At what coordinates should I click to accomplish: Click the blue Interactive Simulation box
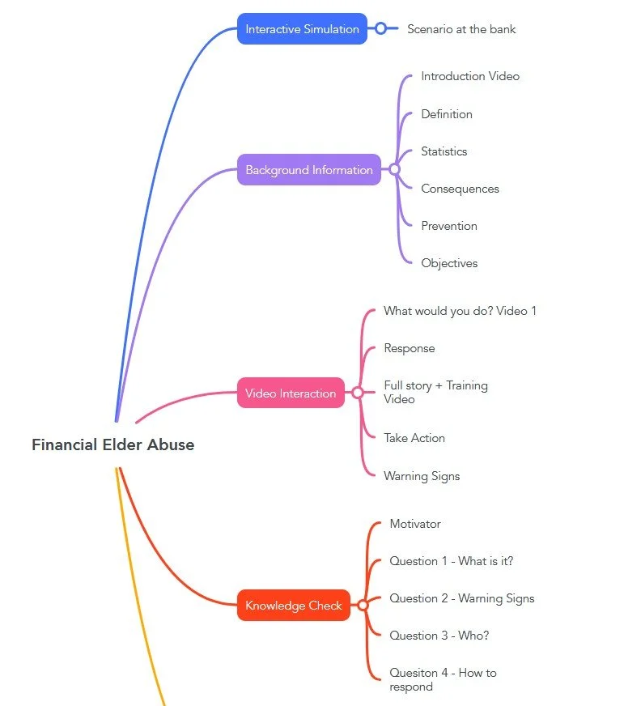(x=302, y=29)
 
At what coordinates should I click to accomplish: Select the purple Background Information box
(x=308, y=170)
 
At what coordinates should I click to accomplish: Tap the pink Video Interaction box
(x=290, y=393)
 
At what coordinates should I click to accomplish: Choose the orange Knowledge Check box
(x=293, y=606)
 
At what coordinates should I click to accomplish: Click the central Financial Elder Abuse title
(x=112, y=444)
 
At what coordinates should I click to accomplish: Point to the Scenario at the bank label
(x=461, y=29)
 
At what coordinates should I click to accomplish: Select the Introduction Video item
(x=470, y=76)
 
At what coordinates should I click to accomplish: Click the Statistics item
(x=444, y=151)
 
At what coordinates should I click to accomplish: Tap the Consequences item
(x=460, y=189)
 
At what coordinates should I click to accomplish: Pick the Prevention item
(x=448, y=226)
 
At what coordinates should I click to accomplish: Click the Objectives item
(x=449, y=263)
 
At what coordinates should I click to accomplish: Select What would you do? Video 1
(x=460, y=311)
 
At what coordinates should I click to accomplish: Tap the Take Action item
(x=414, y=438)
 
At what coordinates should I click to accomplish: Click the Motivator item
(x=415, y=524)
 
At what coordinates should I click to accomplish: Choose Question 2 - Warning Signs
(x=461, y=598)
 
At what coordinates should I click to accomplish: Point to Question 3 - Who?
(x=439, y=636)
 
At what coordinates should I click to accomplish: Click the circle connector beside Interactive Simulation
(x=380, y=29)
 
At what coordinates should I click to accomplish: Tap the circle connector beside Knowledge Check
(x=363, y=606)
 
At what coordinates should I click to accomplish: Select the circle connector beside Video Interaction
(x=357, y=393)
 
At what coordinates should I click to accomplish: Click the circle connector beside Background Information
(x=394, y=170)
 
